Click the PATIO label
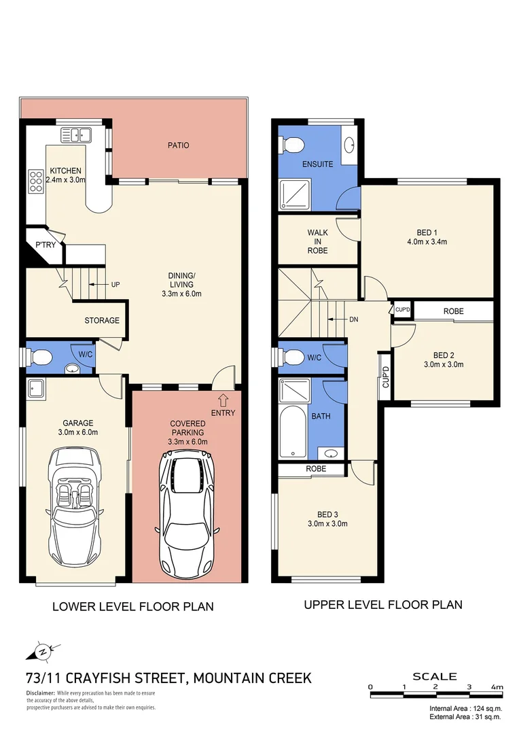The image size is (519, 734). [x=179, y=145]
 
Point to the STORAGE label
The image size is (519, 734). [x=101, y=320]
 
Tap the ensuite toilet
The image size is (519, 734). [x=292, y=144]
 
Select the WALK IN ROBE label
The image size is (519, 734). [x=317, y=241]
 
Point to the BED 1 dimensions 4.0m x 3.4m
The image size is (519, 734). [x=427, y=241]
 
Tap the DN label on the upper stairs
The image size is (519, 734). [x=353, y=319]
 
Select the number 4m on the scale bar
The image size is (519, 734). [x=498, y=687]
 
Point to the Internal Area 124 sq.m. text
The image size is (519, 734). [x=465, y=708]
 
